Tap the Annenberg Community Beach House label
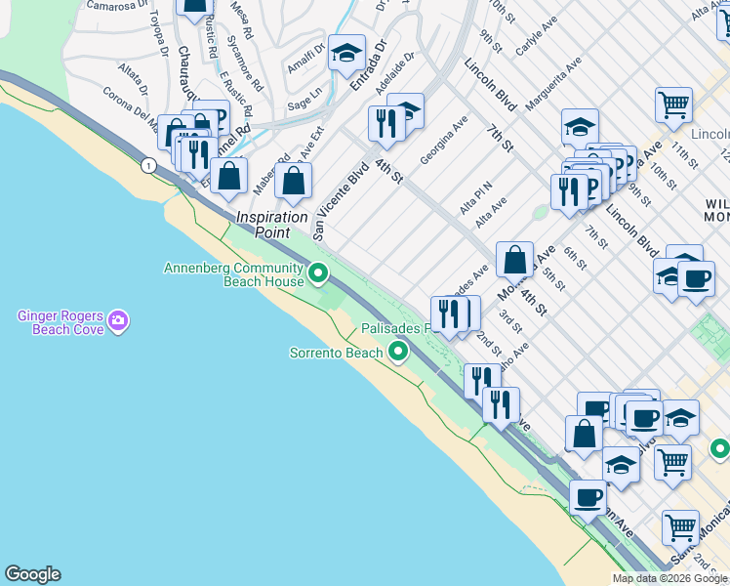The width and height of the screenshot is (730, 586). click(234, 274)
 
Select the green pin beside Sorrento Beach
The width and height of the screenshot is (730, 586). click(397, 352)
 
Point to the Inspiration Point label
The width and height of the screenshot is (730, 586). click(272, 225)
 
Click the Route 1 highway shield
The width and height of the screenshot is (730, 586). click(148, 166)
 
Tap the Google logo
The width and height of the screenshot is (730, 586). click(32, 574)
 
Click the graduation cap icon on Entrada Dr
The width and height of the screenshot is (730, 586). click(345, 55)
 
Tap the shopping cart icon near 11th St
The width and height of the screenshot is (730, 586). click(673, 105)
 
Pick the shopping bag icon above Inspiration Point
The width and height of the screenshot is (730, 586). click(293, 180)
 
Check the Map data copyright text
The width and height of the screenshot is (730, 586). click(669, 578)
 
